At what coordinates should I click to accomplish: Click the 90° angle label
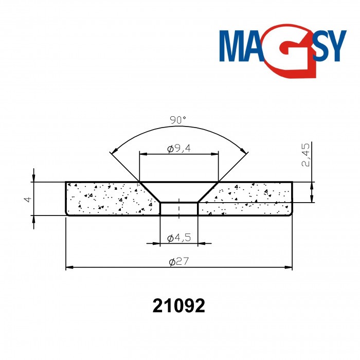click(177, 120)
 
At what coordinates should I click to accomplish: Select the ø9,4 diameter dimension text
click(179, 149)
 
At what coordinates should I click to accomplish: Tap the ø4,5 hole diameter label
click(179, 238)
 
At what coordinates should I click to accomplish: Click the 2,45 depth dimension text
click(305, 155)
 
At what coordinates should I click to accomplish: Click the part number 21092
click(179, 306)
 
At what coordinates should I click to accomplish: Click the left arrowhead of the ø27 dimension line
click(69, 267)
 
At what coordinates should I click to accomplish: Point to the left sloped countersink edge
click(150, 192)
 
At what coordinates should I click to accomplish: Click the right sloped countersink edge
click(208, 192)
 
